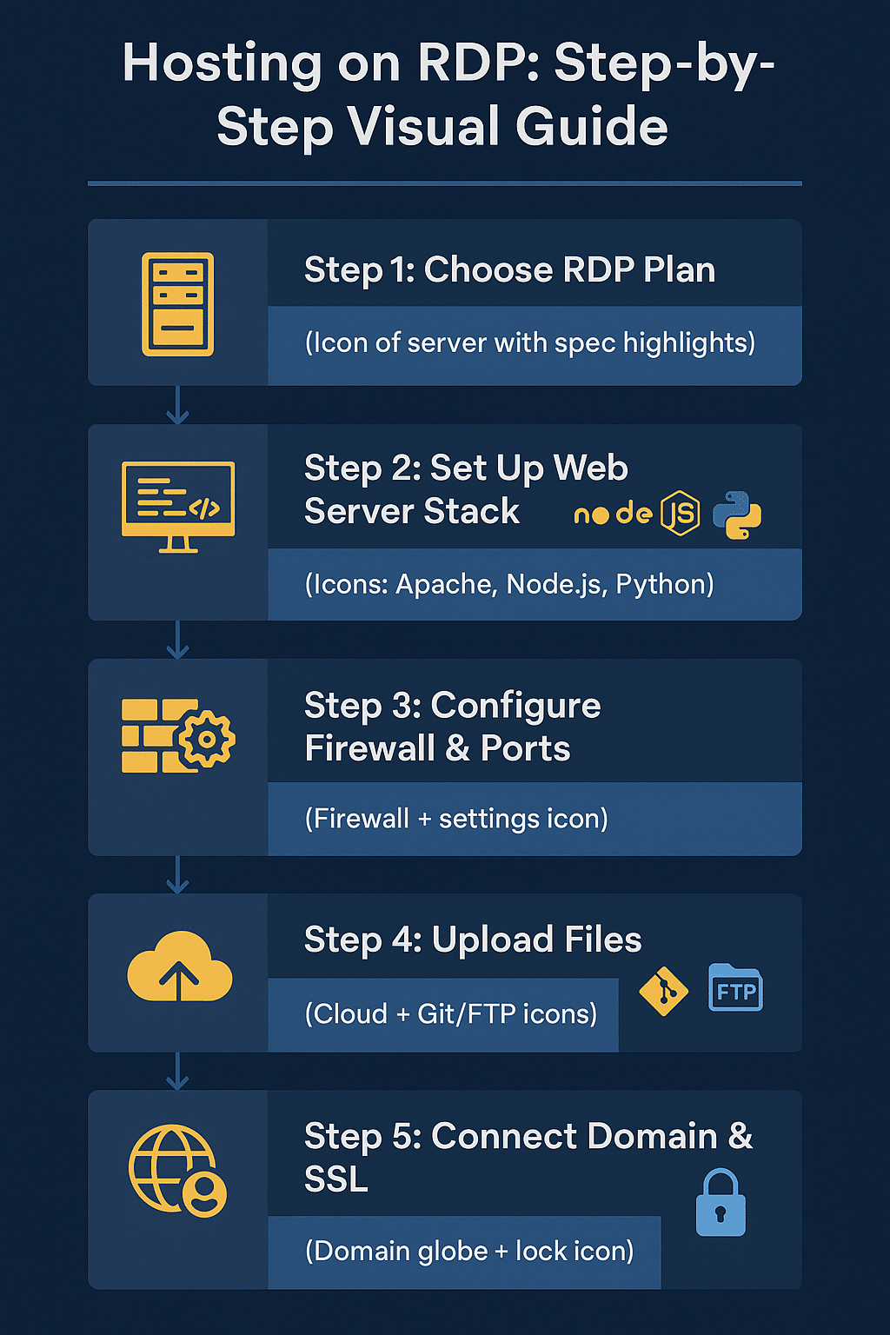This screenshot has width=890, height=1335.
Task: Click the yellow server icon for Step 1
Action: [177, 303]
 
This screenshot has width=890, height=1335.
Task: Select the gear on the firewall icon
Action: [207, 740]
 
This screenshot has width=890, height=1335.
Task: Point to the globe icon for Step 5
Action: [172, 1167]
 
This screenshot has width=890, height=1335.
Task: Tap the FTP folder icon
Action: [735, 988]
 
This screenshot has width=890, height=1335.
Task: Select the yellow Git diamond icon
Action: [663, 991]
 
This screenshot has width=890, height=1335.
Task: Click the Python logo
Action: [737, 515]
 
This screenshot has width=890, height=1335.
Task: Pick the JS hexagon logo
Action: [681, 513]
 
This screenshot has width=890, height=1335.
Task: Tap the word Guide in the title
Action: [591, 127]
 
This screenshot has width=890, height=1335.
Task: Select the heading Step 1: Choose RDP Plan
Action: [509, 270]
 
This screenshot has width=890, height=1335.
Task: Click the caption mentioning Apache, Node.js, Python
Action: [509, 584]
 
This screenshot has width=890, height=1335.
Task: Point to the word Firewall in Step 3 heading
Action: [370, 748]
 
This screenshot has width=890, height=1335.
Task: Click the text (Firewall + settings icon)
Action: [456, 819]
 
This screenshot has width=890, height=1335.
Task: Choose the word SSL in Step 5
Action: [336, 1179]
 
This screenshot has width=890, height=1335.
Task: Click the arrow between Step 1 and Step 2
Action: [177, 405]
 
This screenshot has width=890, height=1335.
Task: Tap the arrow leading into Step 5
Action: [177, 1072]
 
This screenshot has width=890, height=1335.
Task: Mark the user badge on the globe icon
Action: [204, 1194]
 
